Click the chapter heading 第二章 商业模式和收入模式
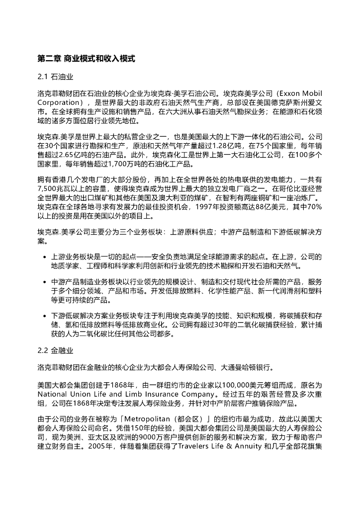point(86,59)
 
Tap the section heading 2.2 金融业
point(56,351)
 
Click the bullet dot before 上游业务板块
point(45,257)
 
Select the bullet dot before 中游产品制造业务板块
point(45,282)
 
